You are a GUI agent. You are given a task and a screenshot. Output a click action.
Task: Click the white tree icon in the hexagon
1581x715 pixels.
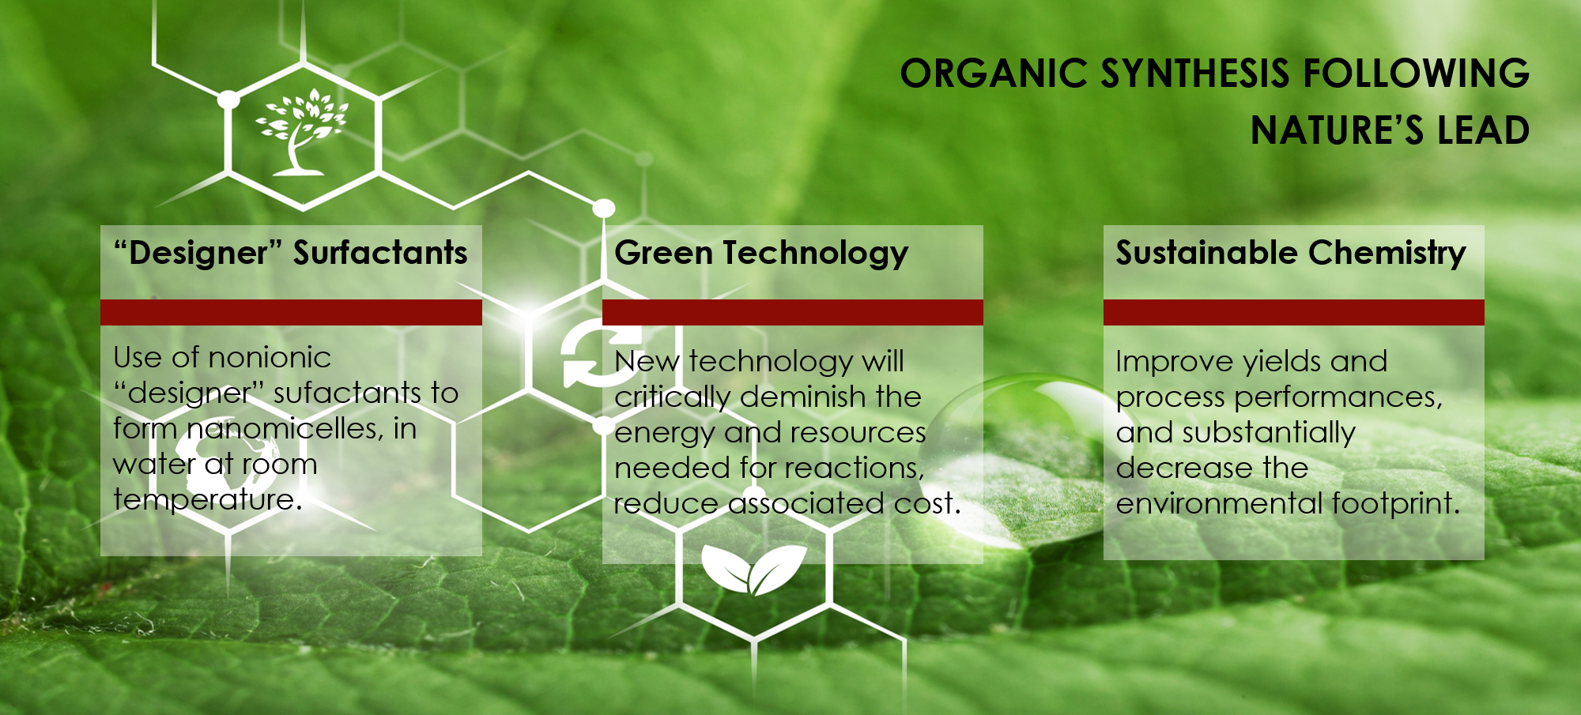pyautogui.click(x=300, y=131)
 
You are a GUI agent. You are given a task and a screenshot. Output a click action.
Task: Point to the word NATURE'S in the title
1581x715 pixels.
pyautogui.click(x=1337, y=130)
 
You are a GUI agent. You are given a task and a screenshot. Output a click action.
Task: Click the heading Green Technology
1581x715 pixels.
pyautogui.click(x=761, y=254)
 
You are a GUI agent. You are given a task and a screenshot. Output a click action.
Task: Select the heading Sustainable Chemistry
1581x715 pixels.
pyautogui.click(x=1291, y=254)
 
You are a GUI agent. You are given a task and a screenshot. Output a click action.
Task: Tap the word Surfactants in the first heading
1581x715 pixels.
pyautogui.click(x=380, y=253)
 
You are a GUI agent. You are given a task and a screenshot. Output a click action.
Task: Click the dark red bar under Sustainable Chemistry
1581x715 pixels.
pyautogui.click(x=1294, y=312)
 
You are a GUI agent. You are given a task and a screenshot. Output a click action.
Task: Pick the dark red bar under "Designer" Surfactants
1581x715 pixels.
pyautogui.click(x=291, y=312)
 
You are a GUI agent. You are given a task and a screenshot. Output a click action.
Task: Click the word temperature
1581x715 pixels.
pyautogui.click(x=207, y=499)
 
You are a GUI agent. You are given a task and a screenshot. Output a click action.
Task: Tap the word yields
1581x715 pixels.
pyautogui.click(x=1281, y=361)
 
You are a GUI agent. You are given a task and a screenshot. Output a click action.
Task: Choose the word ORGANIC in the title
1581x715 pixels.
pyautogui.click(x=994, y=73)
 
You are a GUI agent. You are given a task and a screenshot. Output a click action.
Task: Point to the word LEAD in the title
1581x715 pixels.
pyautogui.click(x=1483, y=130)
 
